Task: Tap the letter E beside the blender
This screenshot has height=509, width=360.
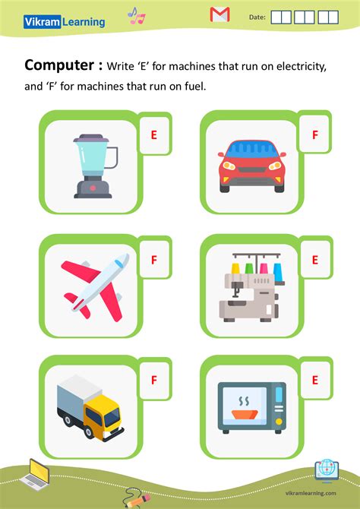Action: click(x=153, y=135)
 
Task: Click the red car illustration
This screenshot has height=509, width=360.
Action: click(x=251, y=165)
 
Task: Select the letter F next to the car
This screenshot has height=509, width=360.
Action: click(x=314, y=135)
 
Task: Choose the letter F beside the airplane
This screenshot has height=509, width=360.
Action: click(x=153, y=260)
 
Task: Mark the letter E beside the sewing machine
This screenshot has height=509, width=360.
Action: click(x=314, y=260)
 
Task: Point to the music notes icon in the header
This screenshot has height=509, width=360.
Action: click(x=136, y=15)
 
